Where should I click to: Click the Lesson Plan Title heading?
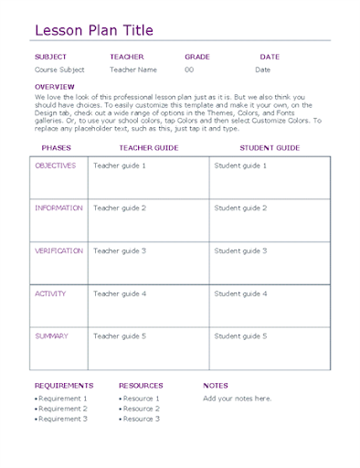pyautogui.click(x=93, y=31)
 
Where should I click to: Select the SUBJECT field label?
pyautogui.click(x=50, y=57)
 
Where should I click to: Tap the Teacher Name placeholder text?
pyautogui.click(x=133, y=69)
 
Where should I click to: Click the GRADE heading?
pyautogui.click(x=197, y=57)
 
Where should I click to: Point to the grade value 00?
pyautogui.click(x=189, y=69)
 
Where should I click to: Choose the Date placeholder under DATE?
pyautogui.click(x=262, y=69)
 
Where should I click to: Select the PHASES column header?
pyautogui.click(x=58, y=147)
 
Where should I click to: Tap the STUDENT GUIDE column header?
pyautogui.click(x=270, y=147)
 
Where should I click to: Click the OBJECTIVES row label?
pyautogui.click(x=57, y=165)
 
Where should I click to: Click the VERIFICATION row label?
pyautogui.click(x=58, y=250)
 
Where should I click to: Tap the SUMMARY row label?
pyautogui.click(x=51, y=336)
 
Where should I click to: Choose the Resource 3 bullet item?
pyautogui.click(x=141, y=419)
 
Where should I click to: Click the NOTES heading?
pyautogui.click(x=216, y=386)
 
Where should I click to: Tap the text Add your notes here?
pyautogui.click(x=237, y=399)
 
